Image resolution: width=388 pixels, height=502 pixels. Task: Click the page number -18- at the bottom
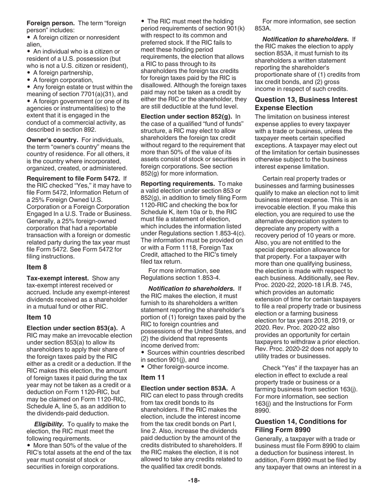(194, 480)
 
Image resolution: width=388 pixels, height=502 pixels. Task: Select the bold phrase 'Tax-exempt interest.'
(58, 278)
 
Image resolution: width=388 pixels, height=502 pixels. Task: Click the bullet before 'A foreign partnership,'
(29, 73)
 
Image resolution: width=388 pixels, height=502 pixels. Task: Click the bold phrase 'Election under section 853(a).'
(72, 328)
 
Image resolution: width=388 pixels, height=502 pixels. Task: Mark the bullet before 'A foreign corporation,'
(29, 80)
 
